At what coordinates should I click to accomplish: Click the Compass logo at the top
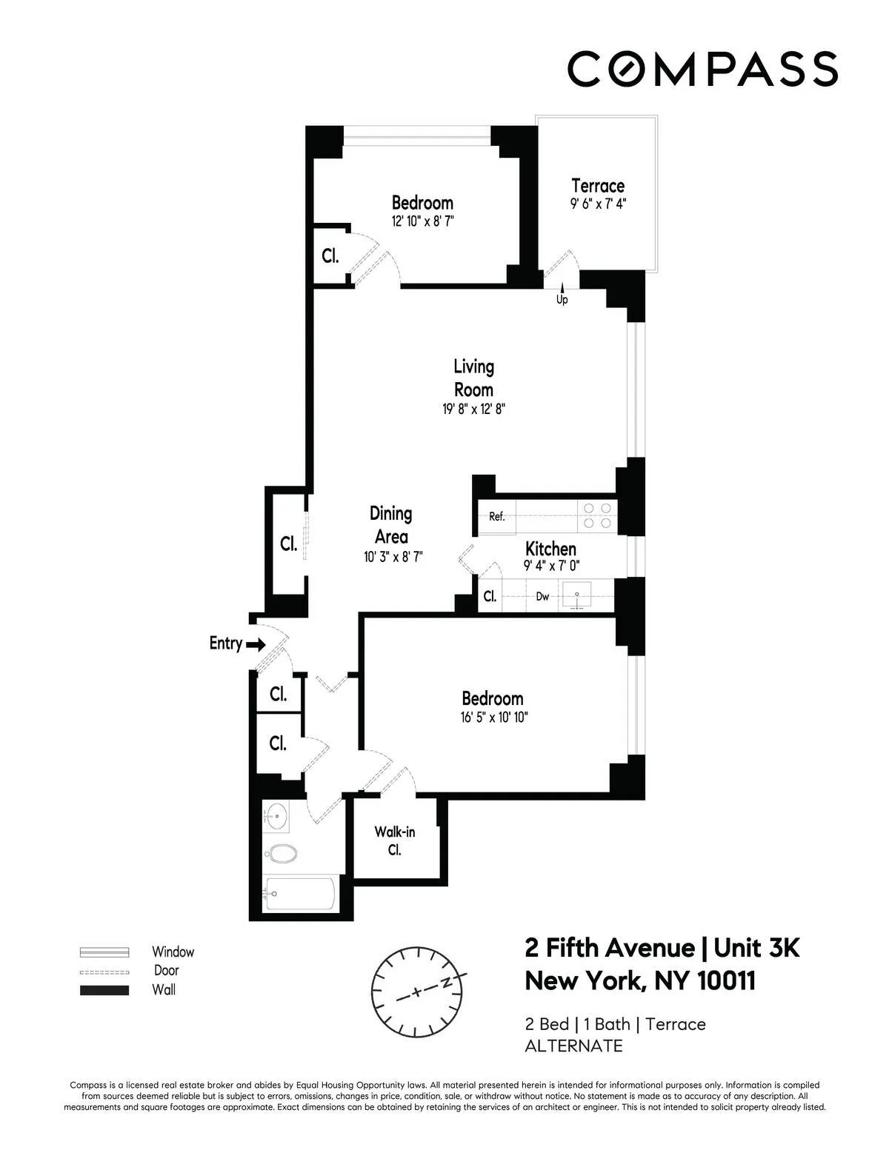tap(702, 68)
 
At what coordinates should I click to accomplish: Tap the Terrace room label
tap(597, 186)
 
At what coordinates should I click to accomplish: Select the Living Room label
tap(473, 378)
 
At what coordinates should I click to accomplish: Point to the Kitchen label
tap(550, 549)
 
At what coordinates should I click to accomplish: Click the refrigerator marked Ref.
tap(496, 517)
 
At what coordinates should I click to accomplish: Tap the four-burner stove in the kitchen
tap(597, 515)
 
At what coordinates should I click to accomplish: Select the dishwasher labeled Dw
tap(542, 597)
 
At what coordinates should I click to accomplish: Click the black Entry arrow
tap(256, 645)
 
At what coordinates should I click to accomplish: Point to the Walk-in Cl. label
tap(394, 840)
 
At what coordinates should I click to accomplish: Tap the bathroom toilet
tap(281, 854)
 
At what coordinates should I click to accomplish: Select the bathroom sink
tap(276, 818)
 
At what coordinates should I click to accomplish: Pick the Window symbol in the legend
tap(104, 952)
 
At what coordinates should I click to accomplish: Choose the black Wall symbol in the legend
tap(104, 990)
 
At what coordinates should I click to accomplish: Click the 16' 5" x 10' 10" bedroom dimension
tap(493, 717)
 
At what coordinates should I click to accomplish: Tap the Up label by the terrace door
tap(562, 300)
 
